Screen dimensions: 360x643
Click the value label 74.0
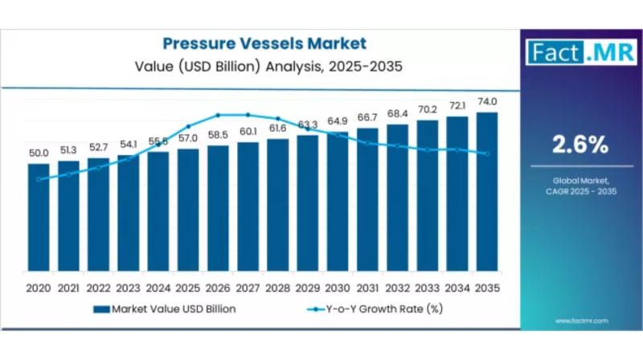pos(487,101)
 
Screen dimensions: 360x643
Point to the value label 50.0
pos(39,153)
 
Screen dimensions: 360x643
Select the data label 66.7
pos(367,117)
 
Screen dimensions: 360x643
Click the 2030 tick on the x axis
pos(338,287)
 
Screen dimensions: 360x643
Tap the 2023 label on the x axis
pos(129,287)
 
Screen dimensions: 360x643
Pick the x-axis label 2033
pos(428,287)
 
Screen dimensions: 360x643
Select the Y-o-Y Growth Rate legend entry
pos(378,309)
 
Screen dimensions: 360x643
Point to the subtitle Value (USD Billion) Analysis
pos(264,67)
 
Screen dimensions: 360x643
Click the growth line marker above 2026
pos(218,115)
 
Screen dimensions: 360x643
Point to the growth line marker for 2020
pos(39,179)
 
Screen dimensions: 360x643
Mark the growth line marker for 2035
pos(487,153)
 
